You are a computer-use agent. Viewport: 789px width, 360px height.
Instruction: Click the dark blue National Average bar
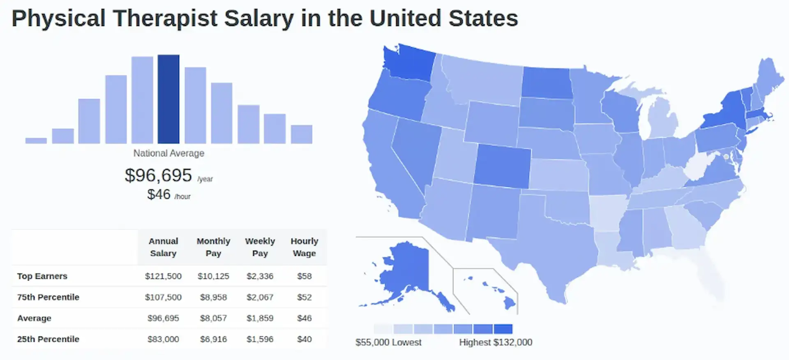click(168, 99)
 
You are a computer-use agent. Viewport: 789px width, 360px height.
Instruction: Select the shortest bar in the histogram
click(36, 141)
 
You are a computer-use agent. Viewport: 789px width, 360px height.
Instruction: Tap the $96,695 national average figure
click(158, 175)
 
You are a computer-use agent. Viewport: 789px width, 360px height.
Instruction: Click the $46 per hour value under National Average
click(159, 194)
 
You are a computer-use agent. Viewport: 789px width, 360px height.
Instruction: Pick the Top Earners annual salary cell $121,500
click(163, 276)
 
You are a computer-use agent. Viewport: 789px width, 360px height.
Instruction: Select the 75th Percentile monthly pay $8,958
click(213, 297)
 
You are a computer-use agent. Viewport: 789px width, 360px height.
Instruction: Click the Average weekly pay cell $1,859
click(260, 318)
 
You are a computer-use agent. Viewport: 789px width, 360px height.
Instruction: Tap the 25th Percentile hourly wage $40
click(304, 339)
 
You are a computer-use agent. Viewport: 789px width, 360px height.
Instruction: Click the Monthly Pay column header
click(213, 247)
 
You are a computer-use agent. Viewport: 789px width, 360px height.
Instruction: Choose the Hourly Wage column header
click(304, 247)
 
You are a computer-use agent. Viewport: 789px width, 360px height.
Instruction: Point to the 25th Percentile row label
click(48, 339)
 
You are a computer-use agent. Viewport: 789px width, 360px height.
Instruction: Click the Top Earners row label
click(42, 276)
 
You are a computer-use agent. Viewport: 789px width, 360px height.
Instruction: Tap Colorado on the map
click(502, 166)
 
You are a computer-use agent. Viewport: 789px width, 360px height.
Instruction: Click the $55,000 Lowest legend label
click(388, 342)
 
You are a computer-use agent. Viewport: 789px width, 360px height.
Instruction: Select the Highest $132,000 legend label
click(496, 342)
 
